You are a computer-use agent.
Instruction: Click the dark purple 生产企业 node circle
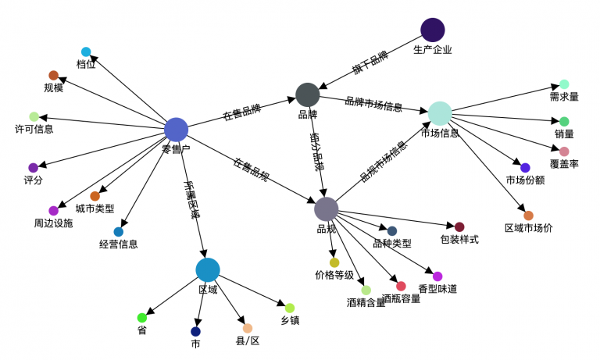click(432, 30)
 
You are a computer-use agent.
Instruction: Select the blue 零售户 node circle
click(177, 129)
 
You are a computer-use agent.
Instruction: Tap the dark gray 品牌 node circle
click(307, 94)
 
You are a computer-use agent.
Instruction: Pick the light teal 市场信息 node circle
click(440, 112)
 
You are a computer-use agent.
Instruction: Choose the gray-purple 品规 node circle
click(326, 209)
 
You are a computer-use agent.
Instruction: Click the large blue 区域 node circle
click(207, 269)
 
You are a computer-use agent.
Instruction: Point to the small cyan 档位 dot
click(86, 52)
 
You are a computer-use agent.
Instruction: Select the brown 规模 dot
click(54, 75)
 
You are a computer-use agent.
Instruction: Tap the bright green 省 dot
click(142, 318)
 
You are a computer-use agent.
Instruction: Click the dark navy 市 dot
click(196, 331)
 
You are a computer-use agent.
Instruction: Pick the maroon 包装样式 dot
click(459, 226)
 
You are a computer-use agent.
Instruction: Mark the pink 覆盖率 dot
click(564, 151)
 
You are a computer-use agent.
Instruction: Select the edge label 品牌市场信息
click(373, 104)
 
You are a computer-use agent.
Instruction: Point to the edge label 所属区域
click(192, 199)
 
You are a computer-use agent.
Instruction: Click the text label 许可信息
click(34, 129)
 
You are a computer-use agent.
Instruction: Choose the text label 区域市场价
click(528, 228)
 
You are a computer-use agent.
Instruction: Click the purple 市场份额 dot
click(525, 168)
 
